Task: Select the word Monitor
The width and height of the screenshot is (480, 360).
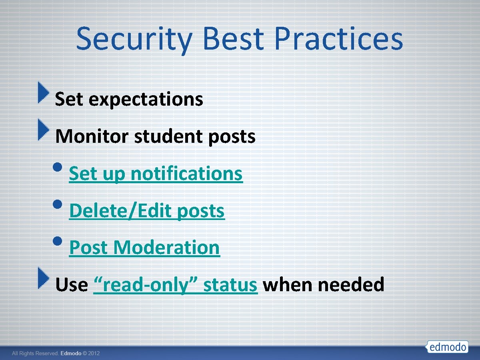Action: click(92, 136)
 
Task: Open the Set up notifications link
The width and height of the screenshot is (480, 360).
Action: click(156, 174)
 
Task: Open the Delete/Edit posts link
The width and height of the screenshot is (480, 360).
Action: click(147, 211)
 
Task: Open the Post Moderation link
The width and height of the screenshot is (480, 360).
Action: click(144, 248)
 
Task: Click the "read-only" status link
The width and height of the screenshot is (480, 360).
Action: click(175, 285)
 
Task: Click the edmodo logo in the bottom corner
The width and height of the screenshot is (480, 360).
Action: click(447, 346)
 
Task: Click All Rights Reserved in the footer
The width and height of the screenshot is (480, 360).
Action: click(35, 354)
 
